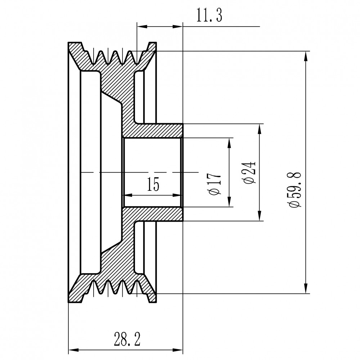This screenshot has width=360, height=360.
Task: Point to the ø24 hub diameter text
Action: click(249, 173)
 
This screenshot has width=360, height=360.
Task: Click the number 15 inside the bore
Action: click(153, 184)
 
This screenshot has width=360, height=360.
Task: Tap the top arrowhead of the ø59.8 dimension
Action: click(306, 56)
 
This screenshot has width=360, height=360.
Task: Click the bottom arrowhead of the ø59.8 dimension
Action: click(306, 288)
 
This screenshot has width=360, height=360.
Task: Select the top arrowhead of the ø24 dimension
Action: click(260, 129)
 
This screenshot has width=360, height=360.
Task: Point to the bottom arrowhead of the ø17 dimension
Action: click(229, 202)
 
